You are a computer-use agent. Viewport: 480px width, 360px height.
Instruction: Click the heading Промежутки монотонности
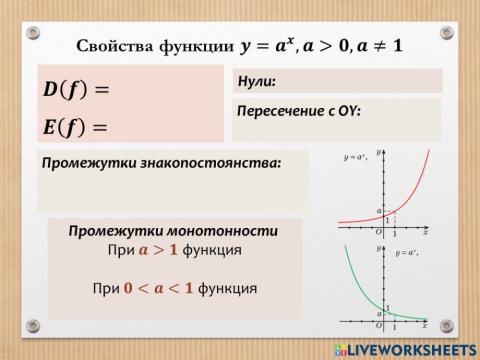173,230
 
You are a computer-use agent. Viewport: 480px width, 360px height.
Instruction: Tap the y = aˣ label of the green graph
406,253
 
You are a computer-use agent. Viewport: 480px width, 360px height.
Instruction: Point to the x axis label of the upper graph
425,232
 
